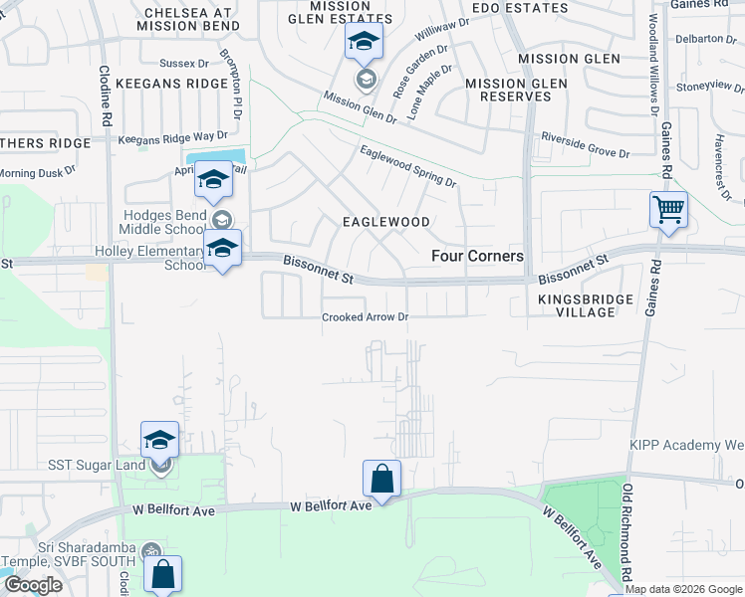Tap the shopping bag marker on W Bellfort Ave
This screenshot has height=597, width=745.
[381, 479]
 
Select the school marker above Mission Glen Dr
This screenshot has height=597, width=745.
[364, 44]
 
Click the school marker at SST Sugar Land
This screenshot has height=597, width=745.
[160, 439]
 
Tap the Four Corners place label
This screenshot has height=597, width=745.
[477, 256]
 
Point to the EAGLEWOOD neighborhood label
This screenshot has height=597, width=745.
[386, 222]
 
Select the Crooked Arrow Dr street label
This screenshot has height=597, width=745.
[366, 318]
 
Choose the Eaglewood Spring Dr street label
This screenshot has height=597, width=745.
[407, 167]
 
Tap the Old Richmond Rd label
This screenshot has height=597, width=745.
[627, 533]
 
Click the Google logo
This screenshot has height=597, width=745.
[33, 585]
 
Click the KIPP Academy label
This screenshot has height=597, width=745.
[686, 445]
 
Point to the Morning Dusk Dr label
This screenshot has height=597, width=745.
[37, 172]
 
